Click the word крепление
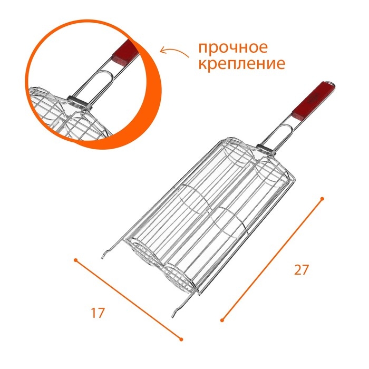click(x=242, y=64)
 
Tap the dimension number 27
click(x=300, y=270)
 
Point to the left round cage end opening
click(x=142, y=253)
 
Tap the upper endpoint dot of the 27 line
click(x=322, y=199)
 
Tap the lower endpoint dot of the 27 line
click(x=222, y=319)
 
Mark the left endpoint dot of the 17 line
click(x=76, y=260)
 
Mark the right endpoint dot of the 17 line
click(x=182, y=338)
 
